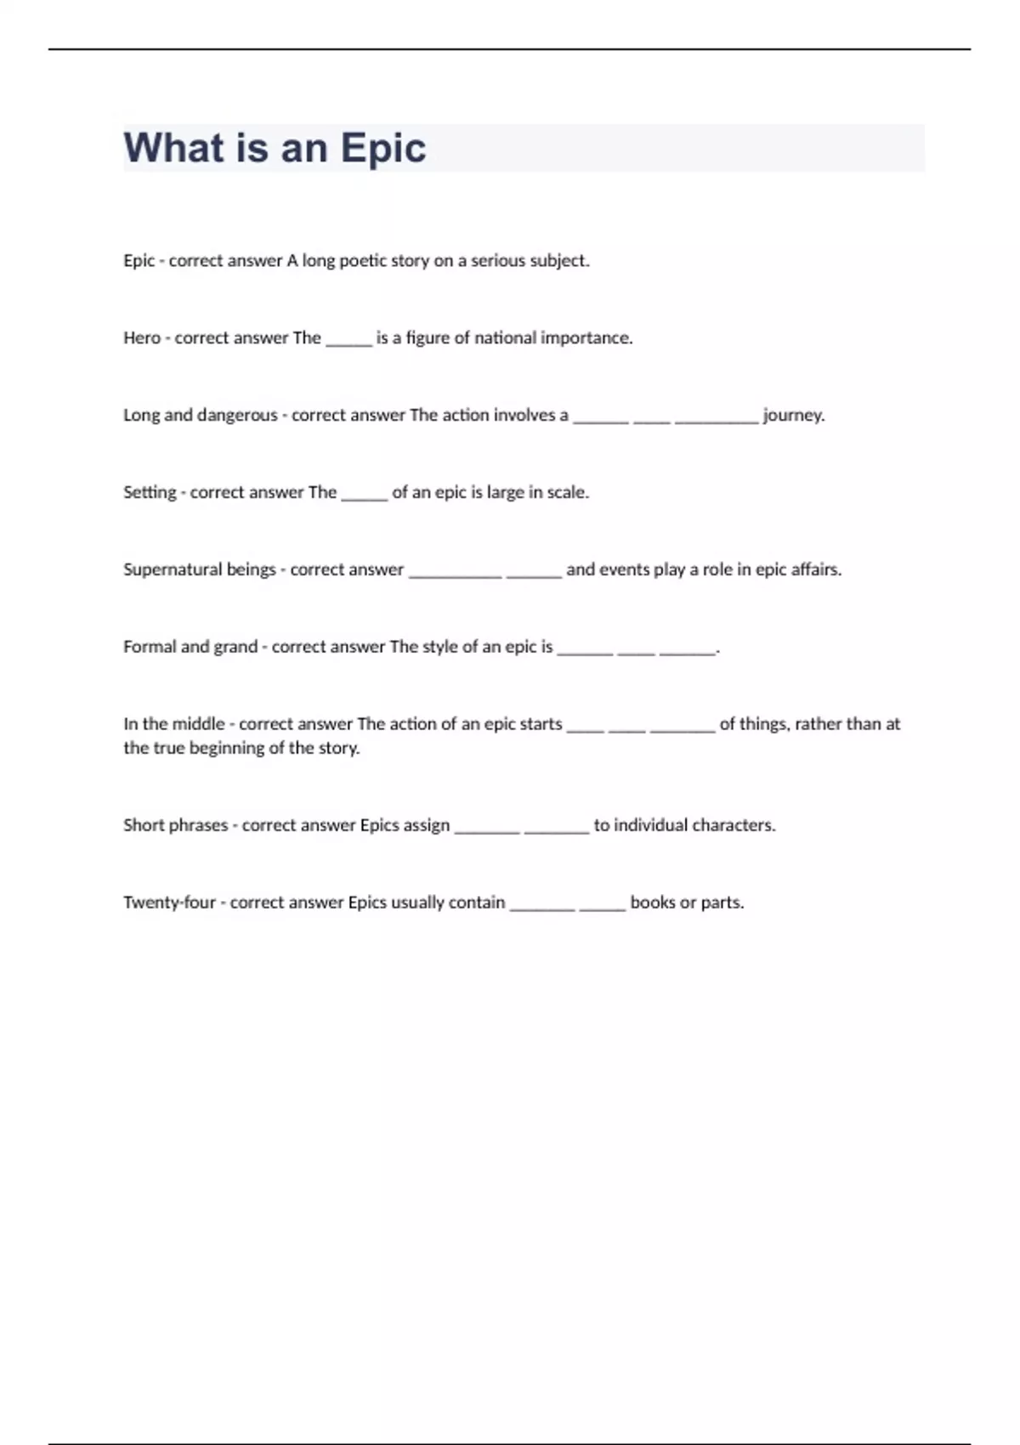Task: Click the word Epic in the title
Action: [382, 149]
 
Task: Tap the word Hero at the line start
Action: [141, 338]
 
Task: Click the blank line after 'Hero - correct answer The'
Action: [348, 342]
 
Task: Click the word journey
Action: [793, 416]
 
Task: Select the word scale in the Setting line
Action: [567, 493]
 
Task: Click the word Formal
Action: [150, 647]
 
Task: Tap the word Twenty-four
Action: [169, 903]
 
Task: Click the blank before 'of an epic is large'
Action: [364, 496]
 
